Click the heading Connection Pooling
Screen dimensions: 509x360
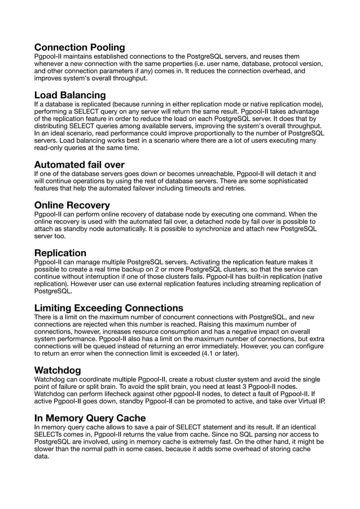click(80, 47)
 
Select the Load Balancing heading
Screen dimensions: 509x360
click(70, 95)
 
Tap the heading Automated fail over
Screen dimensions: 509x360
click(79, 165)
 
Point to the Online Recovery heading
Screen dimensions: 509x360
click(72, 205)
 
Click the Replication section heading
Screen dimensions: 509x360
click(60, 252)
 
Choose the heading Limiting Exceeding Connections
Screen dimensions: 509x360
click(108, 308)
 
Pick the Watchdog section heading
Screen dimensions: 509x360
click(58, 370)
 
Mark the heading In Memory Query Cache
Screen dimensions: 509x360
click(90, 418)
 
